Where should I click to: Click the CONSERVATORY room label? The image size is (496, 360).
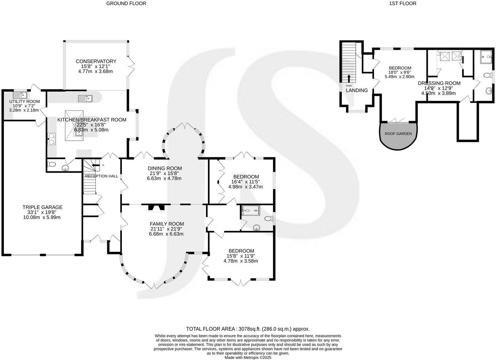coord(96,61)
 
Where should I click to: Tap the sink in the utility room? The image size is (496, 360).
coord(18,95)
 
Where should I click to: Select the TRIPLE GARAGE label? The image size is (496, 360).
coord(42,207)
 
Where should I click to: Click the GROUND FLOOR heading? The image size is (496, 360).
coord(126,3)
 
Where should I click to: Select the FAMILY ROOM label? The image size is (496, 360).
coord(167,224)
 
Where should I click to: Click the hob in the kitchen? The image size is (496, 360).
coord(52,139)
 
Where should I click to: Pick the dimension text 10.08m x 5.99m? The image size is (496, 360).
coord(42,217)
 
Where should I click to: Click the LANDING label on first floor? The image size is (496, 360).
coord(357,91)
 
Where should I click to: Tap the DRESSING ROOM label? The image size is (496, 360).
coord(439,83)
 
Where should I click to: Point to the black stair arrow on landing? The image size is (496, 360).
coord(349,78)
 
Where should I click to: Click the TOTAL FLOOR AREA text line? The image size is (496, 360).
coord(248,329)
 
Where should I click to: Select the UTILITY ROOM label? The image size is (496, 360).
coord(24,102)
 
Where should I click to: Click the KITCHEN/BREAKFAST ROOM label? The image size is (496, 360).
coord(92,120)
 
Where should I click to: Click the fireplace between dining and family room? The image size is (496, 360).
coord(156,208)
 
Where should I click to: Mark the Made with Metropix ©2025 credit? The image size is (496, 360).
coord(248,357)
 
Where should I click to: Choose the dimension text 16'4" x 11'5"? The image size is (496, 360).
coord(245,181)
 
